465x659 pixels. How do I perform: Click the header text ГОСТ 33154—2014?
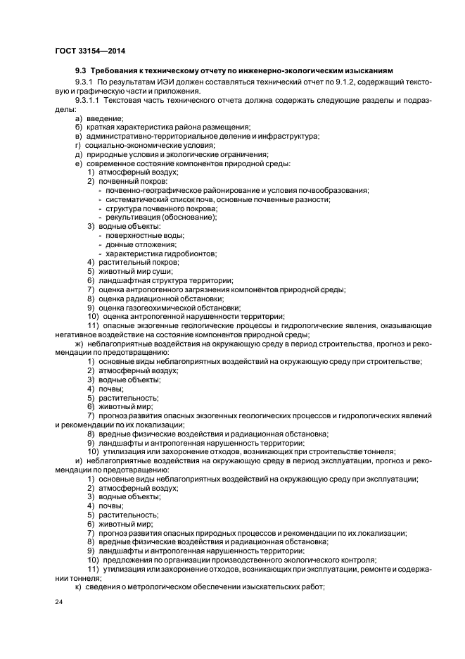click(84, 51)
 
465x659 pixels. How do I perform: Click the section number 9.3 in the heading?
click(81, 71)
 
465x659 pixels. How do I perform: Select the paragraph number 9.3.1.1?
click(90, 100)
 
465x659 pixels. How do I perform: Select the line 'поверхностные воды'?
click(145, 235)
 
